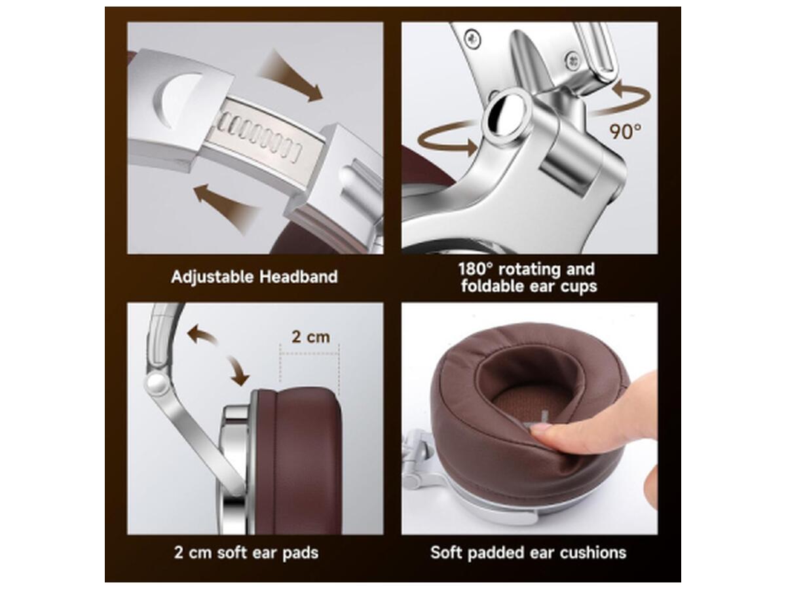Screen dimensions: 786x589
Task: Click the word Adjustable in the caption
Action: pyautogui.click(x=212, y=277)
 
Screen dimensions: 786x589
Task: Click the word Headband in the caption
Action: pyautogui.click(x=298, y=277)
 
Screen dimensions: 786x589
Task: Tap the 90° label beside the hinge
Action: pyautogui.click(x=626, y=132)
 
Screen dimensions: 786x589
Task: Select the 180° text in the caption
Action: pyautogui.click(x=476, y=269)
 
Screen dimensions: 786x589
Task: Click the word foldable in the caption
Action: pyautogui.click(x=494, y=286)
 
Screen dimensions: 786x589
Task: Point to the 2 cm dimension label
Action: pyautogui.click(x=310, y=337)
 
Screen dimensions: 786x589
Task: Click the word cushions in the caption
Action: pyautogui.click(x=593, y=552)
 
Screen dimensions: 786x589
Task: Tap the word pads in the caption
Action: pyautogui.click(x=300, y=553)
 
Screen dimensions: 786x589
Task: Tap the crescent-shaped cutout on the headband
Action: pyautogui.click(x=174, y=98)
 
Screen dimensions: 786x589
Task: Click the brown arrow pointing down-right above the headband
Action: pyautogui.click(x=291, y=77)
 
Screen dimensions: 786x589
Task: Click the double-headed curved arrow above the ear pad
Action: pyautogui.click(x=218, y=354)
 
